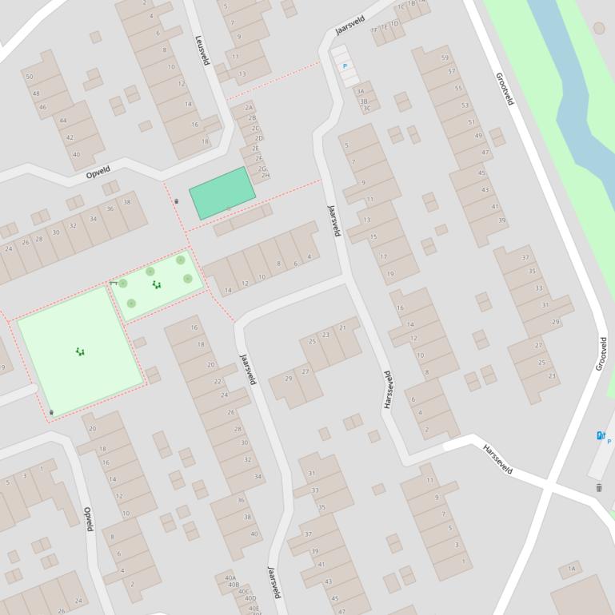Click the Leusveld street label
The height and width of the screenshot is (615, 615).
(202, 50)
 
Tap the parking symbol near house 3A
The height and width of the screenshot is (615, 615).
(345, 66)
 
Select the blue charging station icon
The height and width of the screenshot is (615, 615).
(601, 435)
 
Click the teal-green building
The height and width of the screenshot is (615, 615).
(222, 192)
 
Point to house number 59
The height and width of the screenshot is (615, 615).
(445, 58)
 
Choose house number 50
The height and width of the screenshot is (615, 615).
(30, 77)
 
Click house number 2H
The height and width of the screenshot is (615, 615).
(266, 176)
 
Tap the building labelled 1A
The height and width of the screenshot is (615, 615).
(571, 569)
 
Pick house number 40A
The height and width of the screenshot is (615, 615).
(230, 577)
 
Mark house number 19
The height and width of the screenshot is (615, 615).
(390, 274)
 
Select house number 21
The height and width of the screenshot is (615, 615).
(343, 327)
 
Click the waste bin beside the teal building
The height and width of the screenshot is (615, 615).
(176, 201)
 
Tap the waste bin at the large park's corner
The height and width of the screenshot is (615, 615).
(52, 412)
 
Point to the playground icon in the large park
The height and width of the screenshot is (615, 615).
(80, 351)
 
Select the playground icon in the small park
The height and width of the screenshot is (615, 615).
(157, 284)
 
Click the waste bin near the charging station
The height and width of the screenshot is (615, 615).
(599, 487)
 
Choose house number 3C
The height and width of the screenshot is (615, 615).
(366, 109)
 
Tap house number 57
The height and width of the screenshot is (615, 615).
(452, 72)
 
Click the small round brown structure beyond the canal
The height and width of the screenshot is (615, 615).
(599, 29)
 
